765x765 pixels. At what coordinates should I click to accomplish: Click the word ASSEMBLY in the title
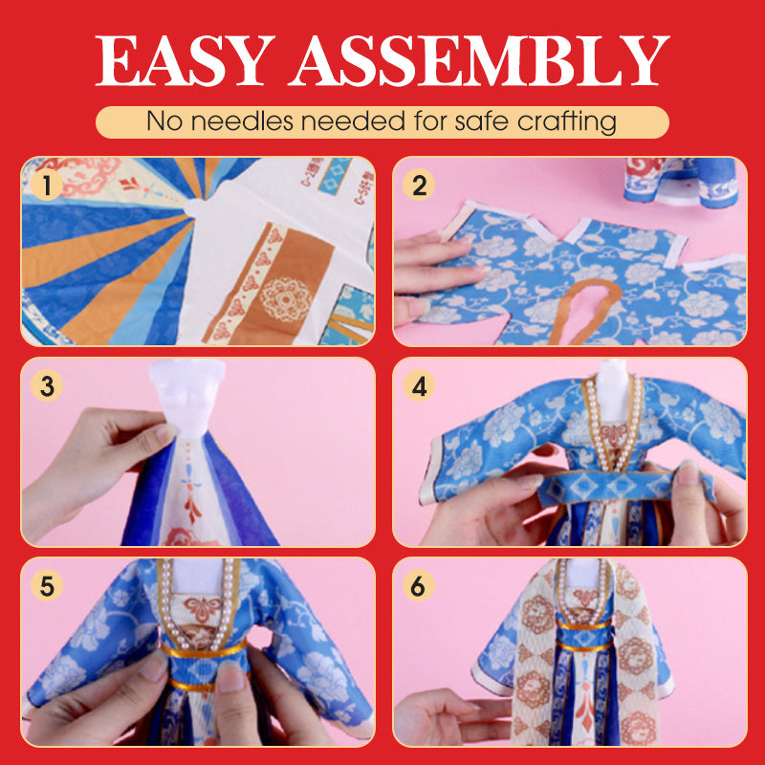pos(479,60)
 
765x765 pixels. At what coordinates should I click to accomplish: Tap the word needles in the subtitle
pos(242,121)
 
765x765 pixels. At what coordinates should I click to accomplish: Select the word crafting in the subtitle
pos(566,122)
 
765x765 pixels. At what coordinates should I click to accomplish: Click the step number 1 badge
pos(47,185)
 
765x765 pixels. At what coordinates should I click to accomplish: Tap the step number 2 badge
pos(419,185)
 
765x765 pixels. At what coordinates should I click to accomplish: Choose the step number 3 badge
pos(47,386)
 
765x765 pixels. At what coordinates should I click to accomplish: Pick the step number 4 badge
pos(419,386)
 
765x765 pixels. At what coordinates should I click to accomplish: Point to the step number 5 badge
pos(47,585)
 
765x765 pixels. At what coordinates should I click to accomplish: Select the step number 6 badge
pos(419,585)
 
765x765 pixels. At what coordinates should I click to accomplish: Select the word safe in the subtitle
pos(482,121)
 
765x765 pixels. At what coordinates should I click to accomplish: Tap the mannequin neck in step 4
pos(612,390)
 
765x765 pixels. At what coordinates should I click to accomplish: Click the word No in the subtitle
pos(164,121)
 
